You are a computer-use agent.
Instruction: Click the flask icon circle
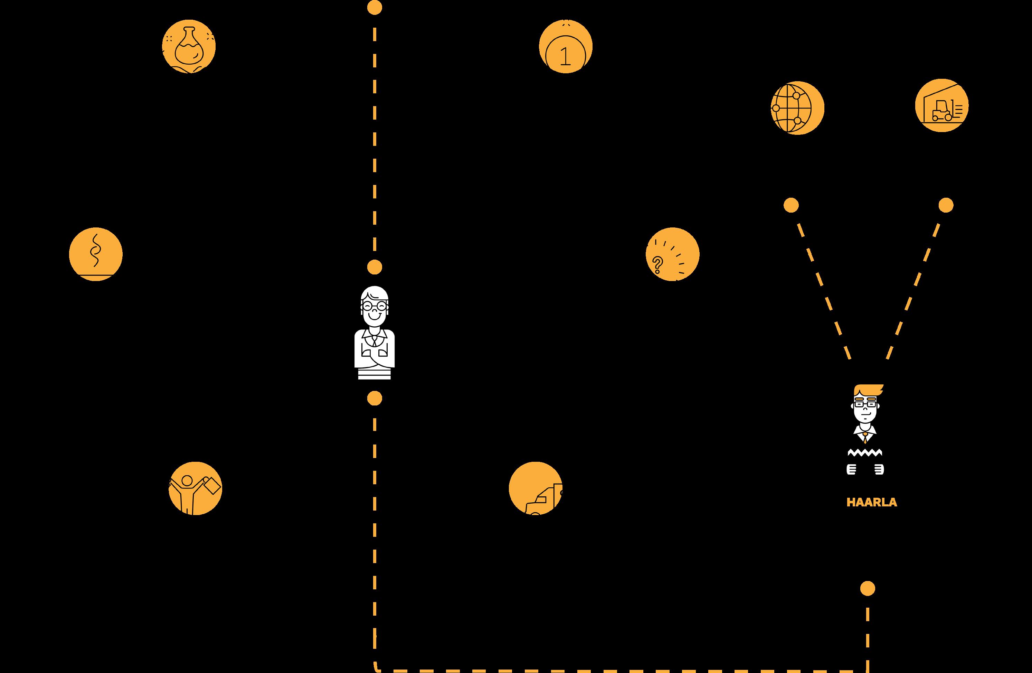tap(189, 46)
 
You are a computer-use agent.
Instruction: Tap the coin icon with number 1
tap(566, 46)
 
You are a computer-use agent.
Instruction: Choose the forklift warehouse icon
tap(941, 105)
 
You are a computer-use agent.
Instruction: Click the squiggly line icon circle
tap(96, 254)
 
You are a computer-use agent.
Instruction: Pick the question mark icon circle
tap(673, 254)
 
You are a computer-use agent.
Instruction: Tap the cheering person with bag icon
tap(195, 488)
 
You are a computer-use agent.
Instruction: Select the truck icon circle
tap(536, 488)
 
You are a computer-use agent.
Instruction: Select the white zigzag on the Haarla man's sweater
tap(865, 453)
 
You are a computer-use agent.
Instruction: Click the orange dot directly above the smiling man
tap(375, 267)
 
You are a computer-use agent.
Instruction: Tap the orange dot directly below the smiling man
tap(375, 398)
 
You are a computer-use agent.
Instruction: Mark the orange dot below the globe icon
tap(791, 205)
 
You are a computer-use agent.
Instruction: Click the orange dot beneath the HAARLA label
tap(868, 588)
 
